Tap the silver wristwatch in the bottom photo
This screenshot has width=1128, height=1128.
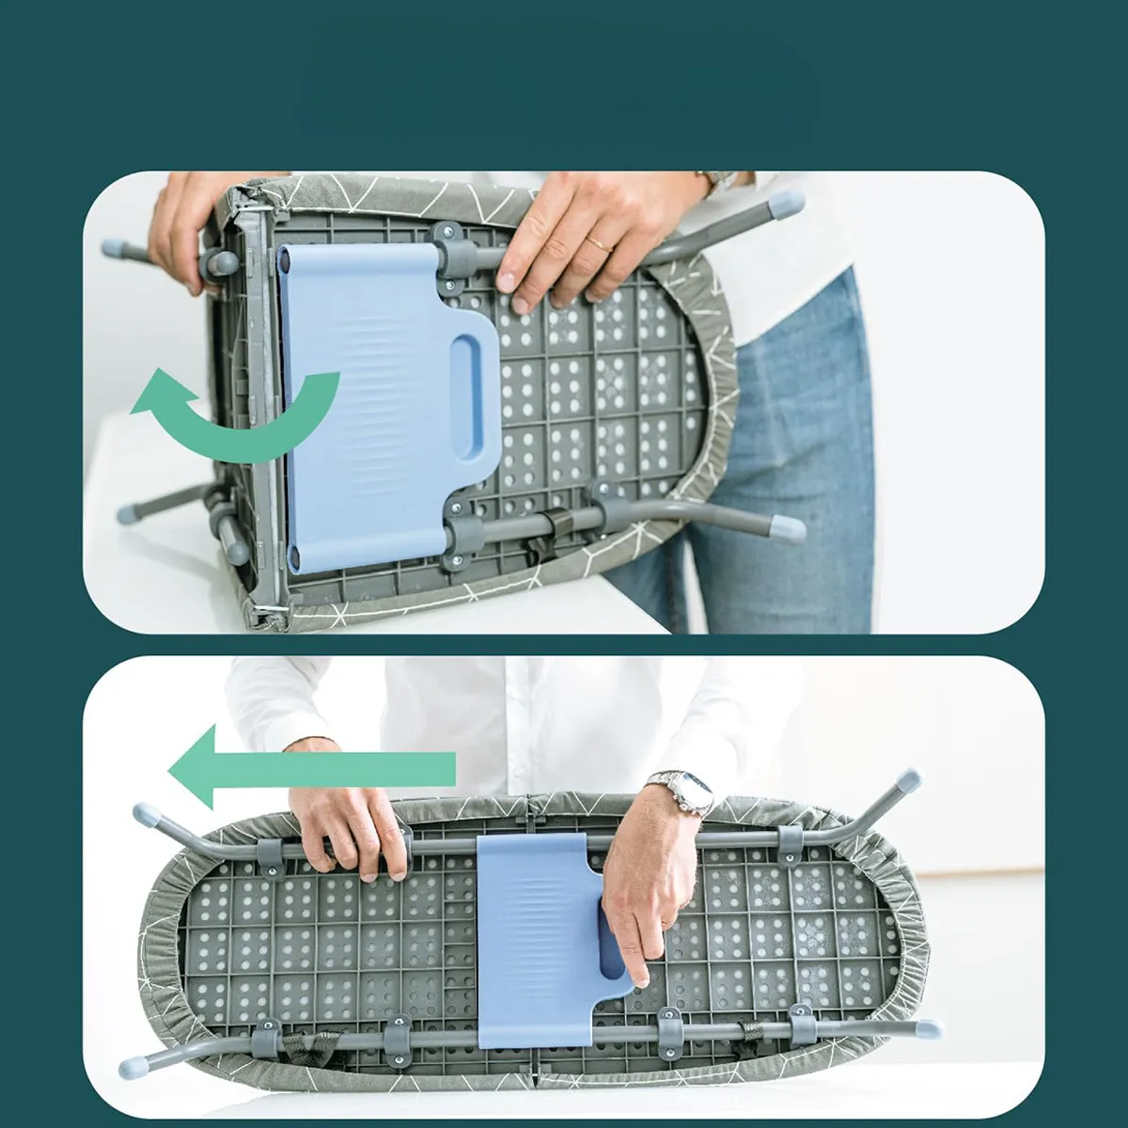[x=681, y=793]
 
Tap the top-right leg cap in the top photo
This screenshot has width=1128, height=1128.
[x=784, y=203]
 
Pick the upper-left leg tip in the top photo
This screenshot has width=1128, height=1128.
[x=114, y=249]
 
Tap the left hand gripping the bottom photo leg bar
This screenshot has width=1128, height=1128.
[x=348, y=827]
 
